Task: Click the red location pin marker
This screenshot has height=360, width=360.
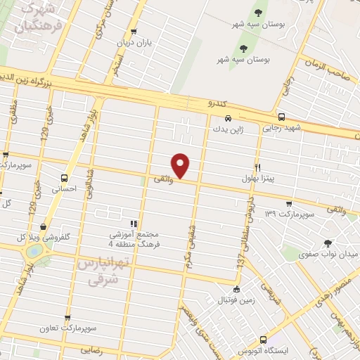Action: tap(181, 165)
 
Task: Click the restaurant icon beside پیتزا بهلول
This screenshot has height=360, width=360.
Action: tap(258, 168)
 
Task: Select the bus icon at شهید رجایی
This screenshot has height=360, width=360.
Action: tap(281, 117)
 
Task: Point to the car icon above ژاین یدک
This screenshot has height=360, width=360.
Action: tap(228, 119)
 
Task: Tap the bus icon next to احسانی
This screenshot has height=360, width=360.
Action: tap(65, 178)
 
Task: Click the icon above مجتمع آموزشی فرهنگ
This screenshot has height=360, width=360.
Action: tap(134, 224)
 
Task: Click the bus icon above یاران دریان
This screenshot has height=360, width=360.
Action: tap(134, 31)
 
